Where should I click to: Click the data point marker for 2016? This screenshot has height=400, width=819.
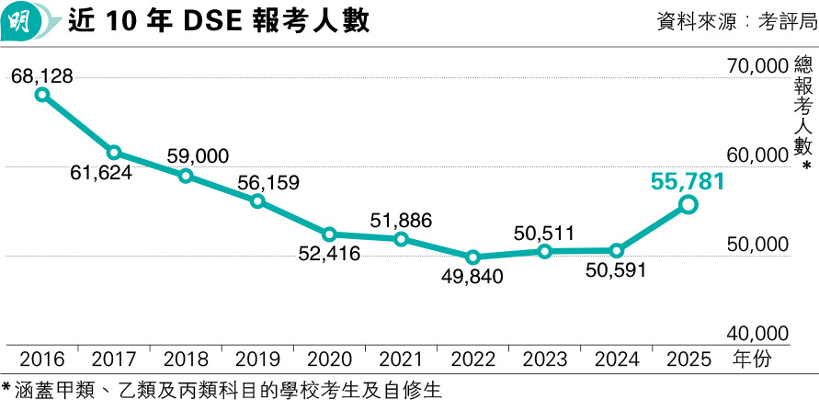pos(41,94)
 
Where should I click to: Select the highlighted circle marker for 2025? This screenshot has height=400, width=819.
pos(688,205)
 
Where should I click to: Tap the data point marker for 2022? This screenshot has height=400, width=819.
pos(472,257)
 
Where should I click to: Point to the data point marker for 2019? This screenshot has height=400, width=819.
pos(257,201)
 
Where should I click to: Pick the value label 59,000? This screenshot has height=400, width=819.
pos(198,157)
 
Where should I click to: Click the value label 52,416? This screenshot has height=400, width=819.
pos(329,254)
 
